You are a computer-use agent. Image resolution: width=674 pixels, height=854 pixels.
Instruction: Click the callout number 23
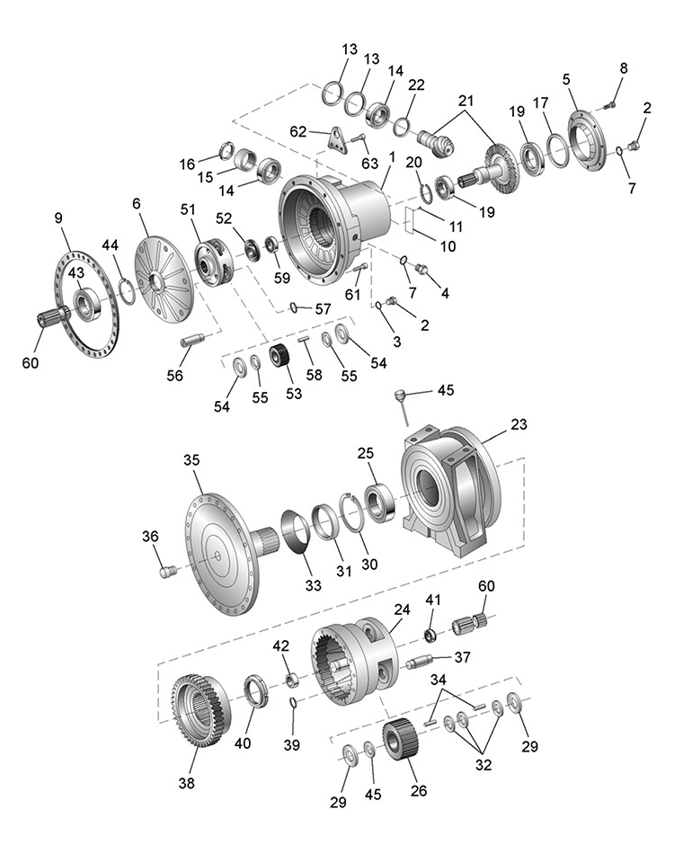519,423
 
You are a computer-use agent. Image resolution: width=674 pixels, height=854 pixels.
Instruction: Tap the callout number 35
191,459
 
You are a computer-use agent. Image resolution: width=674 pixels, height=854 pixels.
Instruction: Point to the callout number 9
58,218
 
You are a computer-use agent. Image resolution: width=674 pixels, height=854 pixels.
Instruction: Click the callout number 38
186,783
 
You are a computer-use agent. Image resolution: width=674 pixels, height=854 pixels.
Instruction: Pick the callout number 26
418,791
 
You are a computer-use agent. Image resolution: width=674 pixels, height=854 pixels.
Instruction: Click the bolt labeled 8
609,105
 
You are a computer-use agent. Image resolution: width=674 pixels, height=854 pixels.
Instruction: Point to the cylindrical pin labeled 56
195,341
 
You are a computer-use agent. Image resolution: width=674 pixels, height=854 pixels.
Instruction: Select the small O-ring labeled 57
293,308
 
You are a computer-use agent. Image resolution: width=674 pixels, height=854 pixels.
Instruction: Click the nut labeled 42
291,678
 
